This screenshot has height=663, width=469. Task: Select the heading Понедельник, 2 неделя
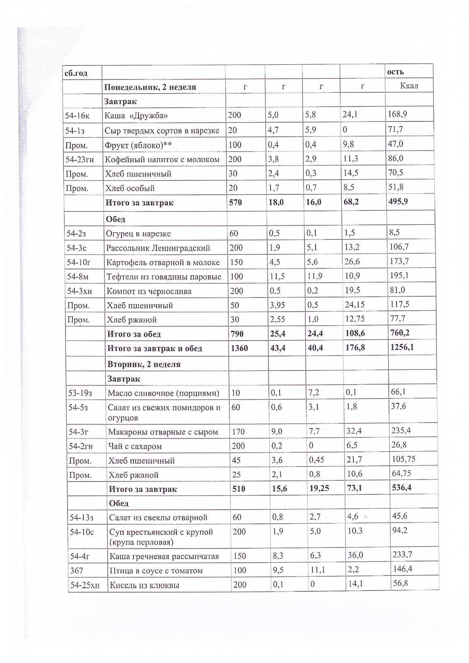click(x=150, y=87)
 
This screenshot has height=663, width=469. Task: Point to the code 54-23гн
click(x=80, y=159)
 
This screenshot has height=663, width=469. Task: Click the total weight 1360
click(x=239, y=348)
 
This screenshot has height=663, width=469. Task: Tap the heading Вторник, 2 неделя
click(x=144, y=364)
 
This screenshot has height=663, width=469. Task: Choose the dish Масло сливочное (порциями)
click(x=163, y=393)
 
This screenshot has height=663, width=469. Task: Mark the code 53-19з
click(x=81, y=393)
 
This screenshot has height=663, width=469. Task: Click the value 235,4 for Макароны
click(x=401, y=431)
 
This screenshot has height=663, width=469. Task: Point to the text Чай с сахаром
click(x=135, y=446)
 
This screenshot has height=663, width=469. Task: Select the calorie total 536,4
click(x=401, y=488)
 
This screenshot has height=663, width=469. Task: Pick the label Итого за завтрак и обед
click(x=155, y=348)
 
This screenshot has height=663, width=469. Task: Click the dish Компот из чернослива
click(x=149, y=291)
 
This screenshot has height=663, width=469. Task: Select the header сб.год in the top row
click(x=75, y=72)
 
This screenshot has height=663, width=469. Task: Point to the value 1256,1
click(x=401, y=347)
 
